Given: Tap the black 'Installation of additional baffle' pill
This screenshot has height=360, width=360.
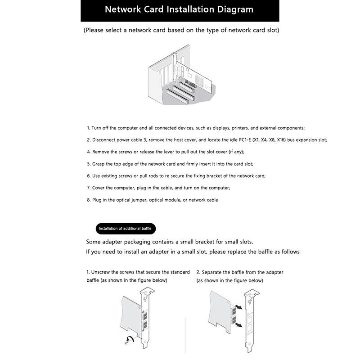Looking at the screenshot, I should (x=125, y=229).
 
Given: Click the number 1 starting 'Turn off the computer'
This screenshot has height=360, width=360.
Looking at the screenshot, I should (x=88, y=128).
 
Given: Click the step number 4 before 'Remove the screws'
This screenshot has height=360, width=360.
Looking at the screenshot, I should (x=88, y=152).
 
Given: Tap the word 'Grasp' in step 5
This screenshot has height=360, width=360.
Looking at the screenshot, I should (x=100, y=164).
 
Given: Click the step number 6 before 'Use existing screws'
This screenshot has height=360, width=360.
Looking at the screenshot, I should (x=88, y=175).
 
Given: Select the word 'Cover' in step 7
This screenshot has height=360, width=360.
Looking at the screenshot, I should (x=99, y=187).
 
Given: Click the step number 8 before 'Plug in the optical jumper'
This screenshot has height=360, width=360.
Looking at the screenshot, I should (x=88, y=199).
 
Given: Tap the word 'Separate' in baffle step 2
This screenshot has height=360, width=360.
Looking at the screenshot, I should (x=212, y=272).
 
